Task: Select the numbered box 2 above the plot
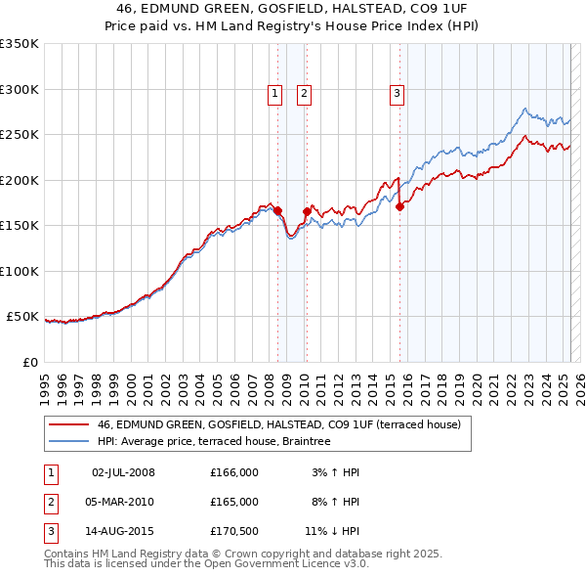(x=305, y=94)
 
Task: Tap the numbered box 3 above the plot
(x=398, y=94)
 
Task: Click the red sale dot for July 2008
(x=277, y=210)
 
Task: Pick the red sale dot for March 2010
(x=307, y=211)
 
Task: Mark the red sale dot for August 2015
(x=400, y=206)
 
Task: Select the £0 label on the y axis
(x=28, y=362)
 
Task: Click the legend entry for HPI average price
(x=214, y=442)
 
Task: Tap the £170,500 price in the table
(x=233, y=533)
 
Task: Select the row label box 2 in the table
(x=49, y=503)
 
